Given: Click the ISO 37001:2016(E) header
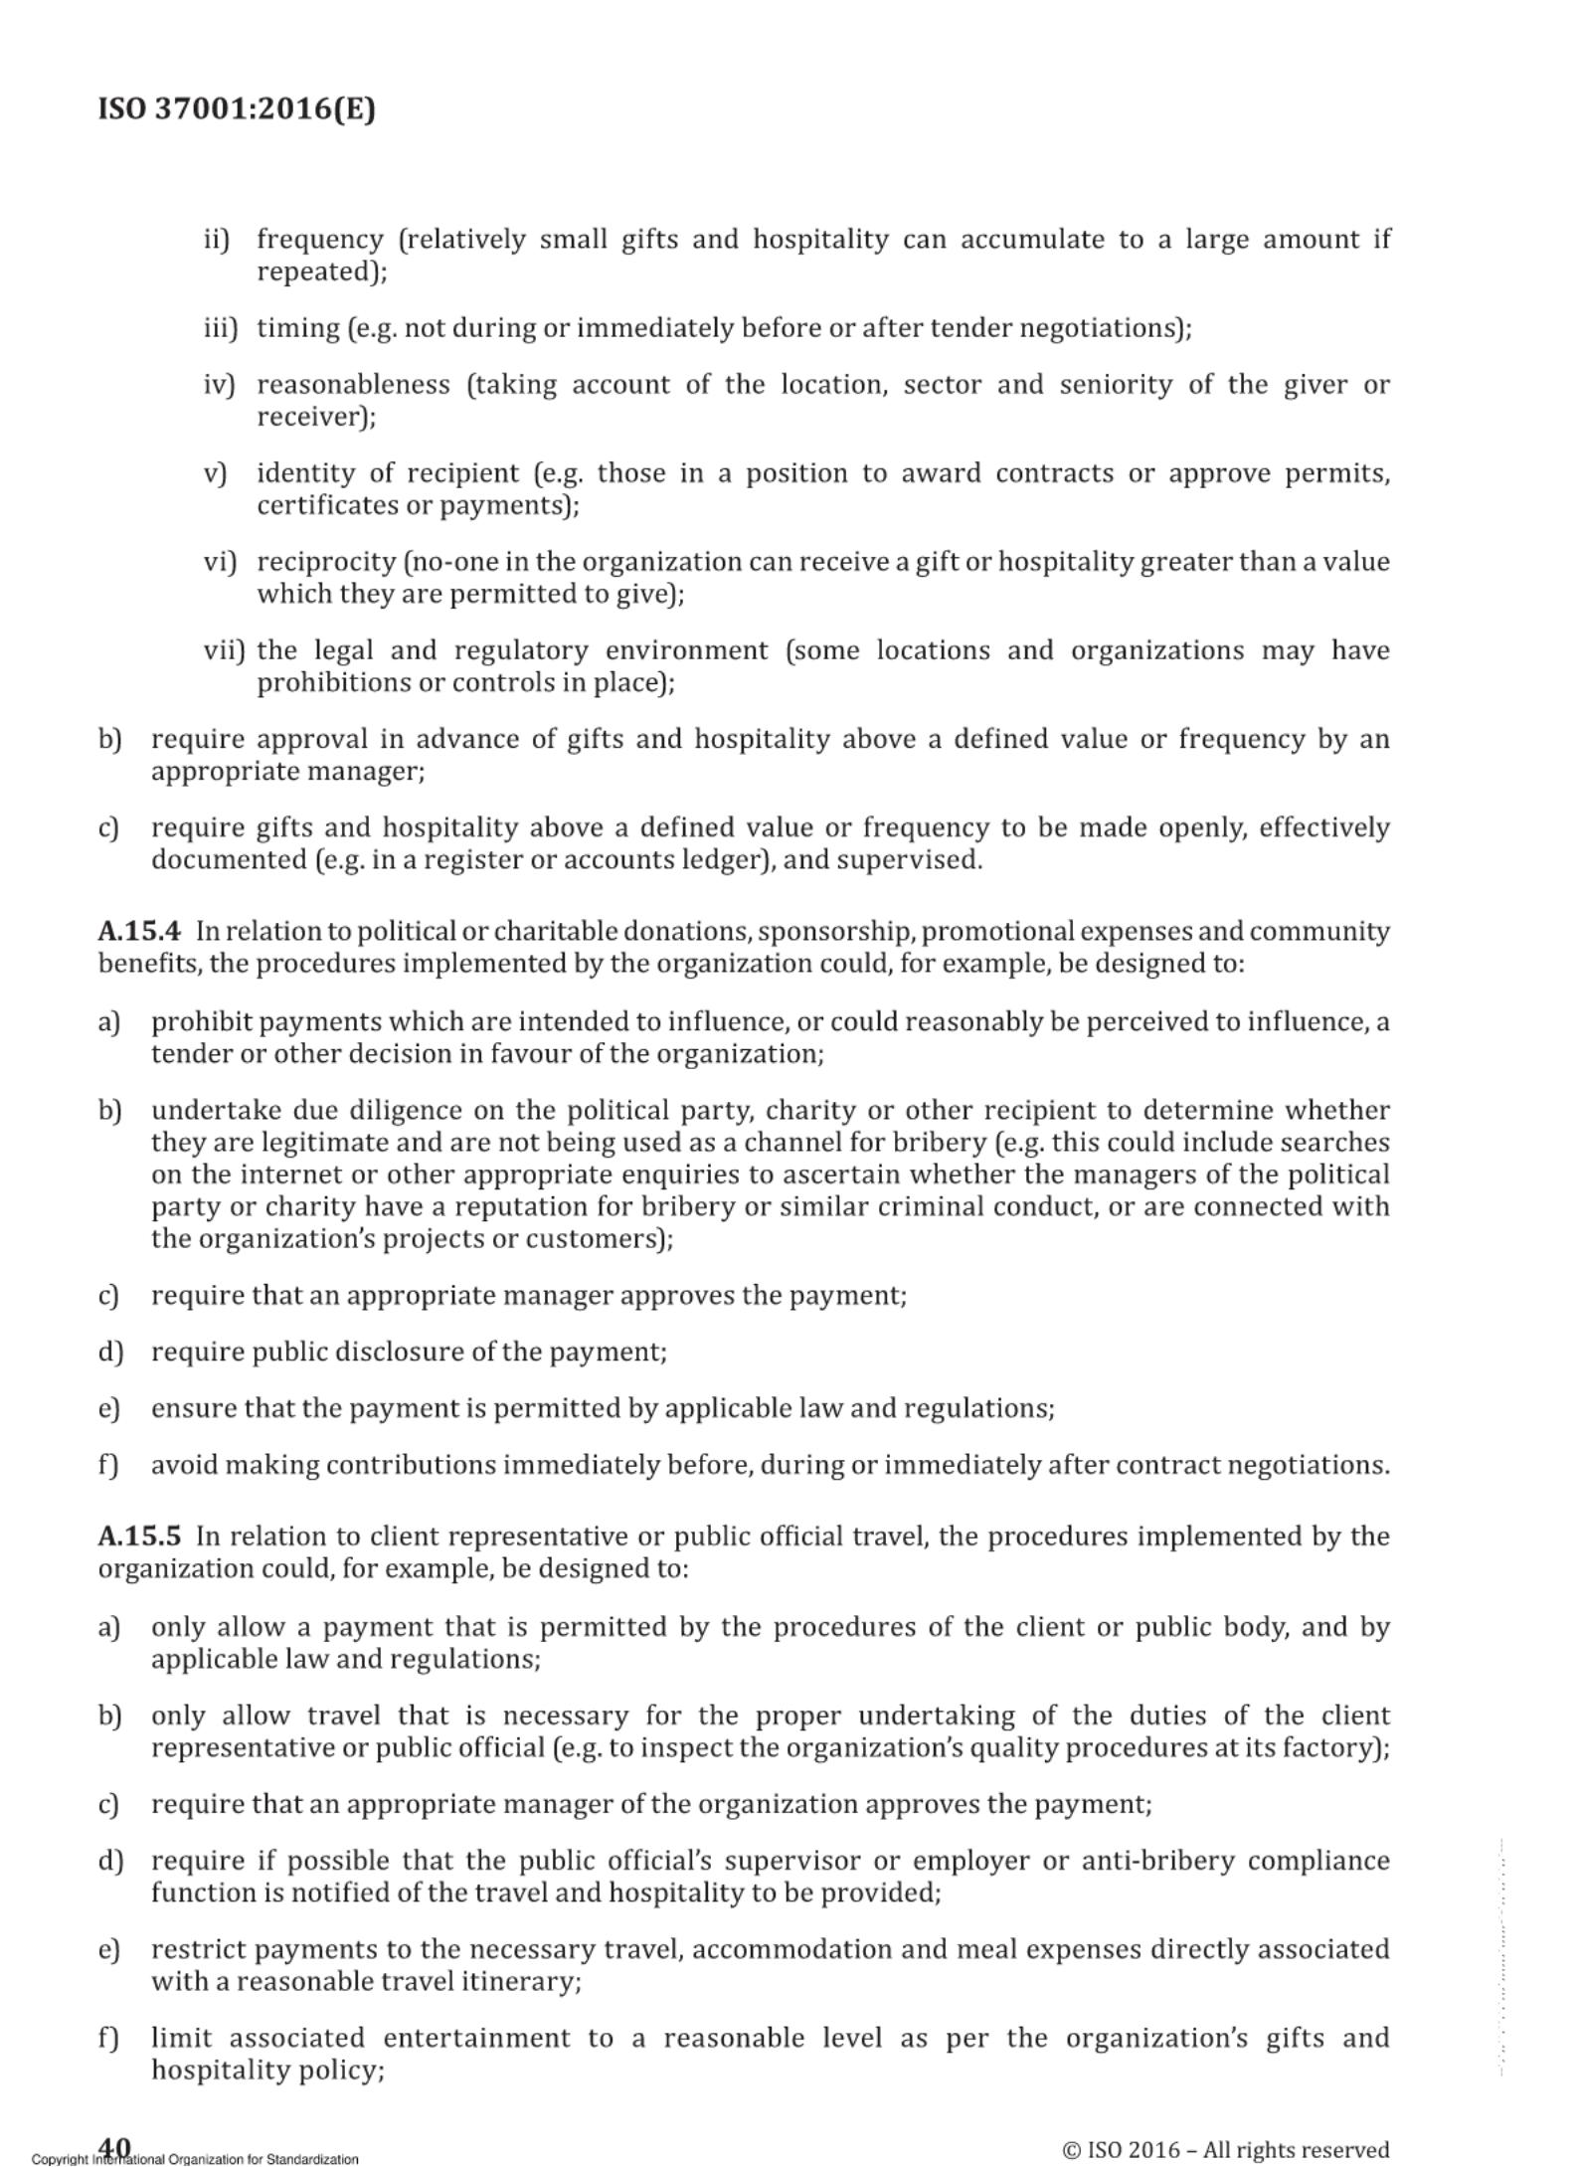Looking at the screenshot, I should pos(237,108).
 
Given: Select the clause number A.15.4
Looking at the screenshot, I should pos(139,932).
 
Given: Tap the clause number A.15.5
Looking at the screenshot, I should pos(139,1536).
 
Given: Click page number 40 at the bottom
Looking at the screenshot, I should pos(114,2147).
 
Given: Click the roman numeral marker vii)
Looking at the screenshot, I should pos(224,650).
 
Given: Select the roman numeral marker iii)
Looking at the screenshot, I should pos(221,328).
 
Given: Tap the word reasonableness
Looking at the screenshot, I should pos(353,385).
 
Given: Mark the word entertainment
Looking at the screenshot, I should pos(476,2038).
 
